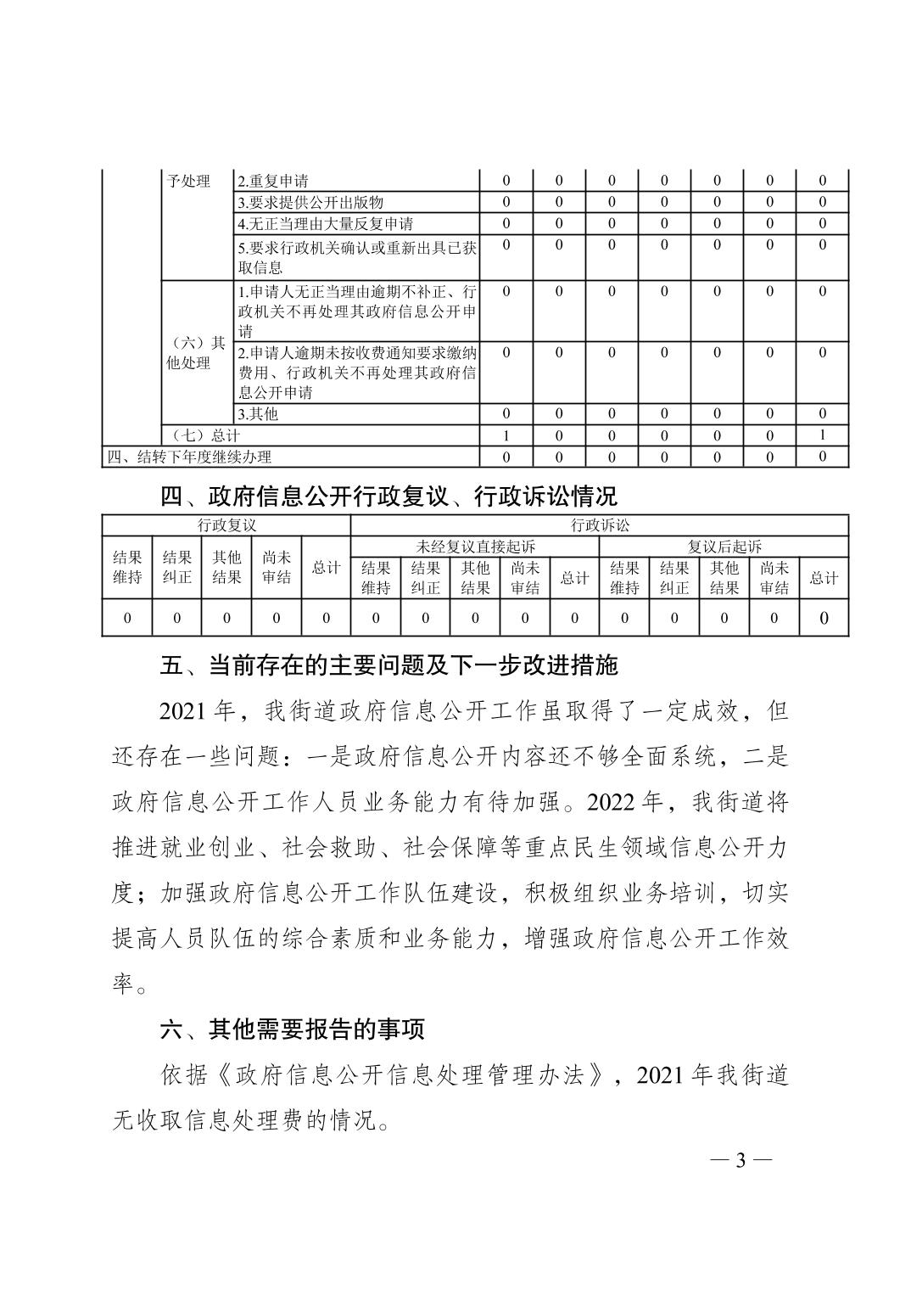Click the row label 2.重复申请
pos(273,181)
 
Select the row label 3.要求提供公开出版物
pos(310,202)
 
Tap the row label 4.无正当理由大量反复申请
pos(326,224)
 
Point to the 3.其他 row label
pos(258,414)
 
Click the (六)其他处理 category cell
pos(196,353)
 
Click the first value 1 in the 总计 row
pos(506,435)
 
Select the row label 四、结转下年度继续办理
pos(189,457)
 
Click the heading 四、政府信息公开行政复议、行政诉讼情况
pos(389,496)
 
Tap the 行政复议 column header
pos(226,525)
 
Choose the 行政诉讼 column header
pos(600,525)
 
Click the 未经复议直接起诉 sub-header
pos(476,547)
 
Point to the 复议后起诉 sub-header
pos(724,547)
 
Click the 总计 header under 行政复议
pos(326,568)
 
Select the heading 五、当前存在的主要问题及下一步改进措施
pos(389,665)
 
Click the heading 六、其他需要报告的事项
pos(293,1029)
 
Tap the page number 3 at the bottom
pos(740,1160)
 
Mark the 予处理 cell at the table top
pos(188,181)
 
